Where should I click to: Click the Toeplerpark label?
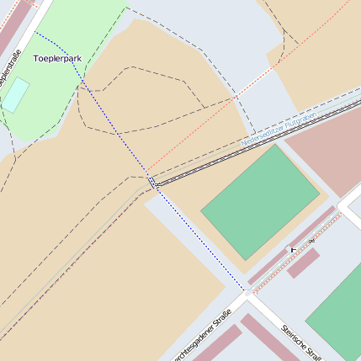click(x=57, y=59)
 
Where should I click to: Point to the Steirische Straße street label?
click(x=301, y=340)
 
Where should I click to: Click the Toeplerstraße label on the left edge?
click(x=10, y=71)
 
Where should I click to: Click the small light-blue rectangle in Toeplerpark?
click(x=15, y=95)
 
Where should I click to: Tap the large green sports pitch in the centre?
click(x=259, y=201)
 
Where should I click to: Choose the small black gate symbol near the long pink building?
click(x=293, y=249)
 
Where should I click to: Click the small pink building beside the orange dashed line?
click(x=303, y=263)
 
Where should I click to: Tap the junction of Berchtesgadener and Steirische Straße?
click(x=248, y=296)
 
